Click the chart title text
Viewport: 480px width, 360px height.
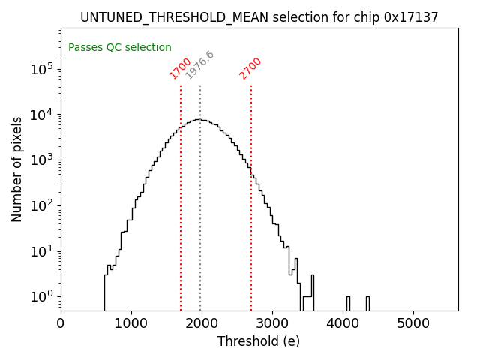pos(259,17)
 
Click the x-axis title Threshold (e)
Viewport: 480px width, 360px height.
pos(259,341)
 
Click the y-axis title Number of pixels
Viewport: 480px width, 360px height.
pos(17,169)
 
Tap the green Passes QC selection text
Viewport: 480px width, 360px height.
pos(120,48)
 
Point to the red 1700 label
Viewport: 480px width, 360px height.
pos(181,68)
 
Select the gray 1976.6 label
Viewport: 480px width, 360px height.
pos(199,65)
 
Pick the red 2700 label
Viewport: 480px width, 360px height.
pos(250,68)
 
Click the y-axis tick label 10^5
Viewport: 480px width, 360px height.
pos(40,70)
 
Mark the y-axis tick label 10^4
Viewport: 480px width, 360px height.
pos(40,115)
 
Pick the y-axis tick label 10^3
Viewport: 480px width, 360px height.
pos(40,160)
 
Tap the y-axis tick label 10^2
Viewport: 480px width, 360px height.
pos(40,206)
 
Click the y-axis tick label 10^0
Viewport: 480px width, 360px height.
pos(40,297)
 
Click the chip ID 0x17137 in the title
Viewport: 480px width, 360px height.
pos(411,17)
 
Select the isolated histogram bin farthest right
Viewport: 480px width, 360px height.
pos(367,303)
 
